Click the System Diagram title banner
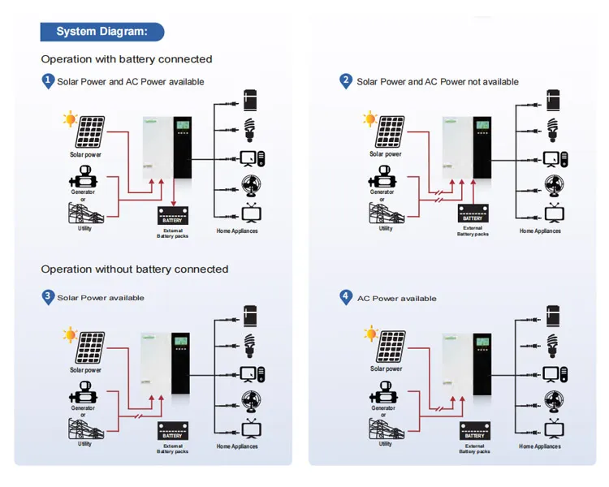(x=101, y=32)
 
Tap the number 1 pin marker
(x=48, y=80)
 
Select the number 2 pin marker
(x=347, y=80)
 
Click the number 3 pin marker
(x=48, y=297)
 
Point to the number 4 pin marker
(x=347, y=297)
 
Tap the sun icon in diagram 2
(x=370, y=120)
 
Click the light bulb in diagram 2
(x=553, y=127)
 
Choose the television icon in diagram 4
(x=554, y=428)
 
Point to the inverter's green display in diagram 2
(x=482, y=127)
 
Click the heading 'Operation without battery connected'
(x=135, y=269)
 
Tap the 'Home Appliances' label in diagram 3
(x=237, y=446)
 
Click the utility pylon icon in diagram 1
(x=84, y=213)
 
